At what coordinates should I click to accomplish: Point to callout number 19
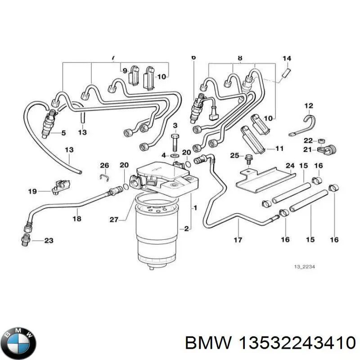coord(32,191)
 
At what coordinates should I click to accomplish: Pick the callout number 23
coord(48,241)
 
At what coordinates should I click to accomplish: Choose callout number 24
coord(290,165)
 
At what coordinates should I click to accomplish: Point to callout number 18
coord(77,219)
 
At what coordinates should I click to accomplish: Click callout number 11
coord(279,148)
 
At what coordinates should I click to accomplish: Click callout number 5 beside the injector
coord(63,133)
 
